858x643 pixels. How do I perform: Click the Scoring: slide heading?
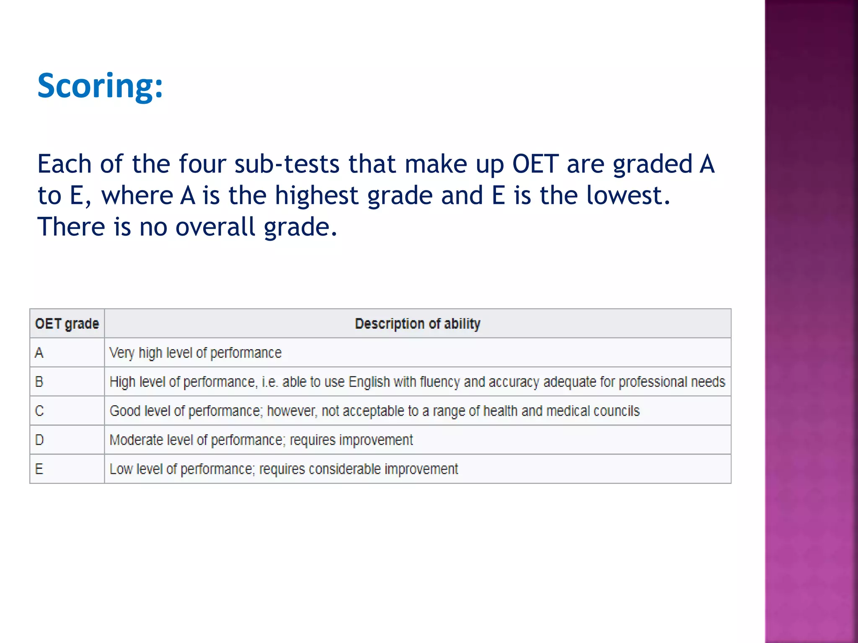(x=100, y=86)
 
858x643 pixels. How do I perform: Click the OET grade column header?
(x=67, y=324)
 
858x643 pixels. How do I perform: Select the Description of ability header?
(x=417, y=324)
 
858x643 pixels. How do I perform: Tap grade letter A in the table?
(x=39, y=353)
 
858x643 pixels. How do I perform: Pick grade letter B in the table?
(x=39, y=382)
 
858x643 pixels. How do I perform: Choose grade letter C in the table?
(x=39, y=411)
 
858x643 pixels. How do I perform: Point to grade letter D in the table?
(x=39, y=440)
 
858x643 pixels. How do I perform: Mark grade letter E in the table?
(x=39, y=469)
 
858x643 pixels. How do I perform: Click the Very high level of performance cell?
(x=195, y=353)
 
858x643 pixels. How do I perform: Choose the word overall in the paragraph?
(x=215, y=227)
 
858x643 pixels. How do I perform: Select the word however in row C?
(x=292, y=411)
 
